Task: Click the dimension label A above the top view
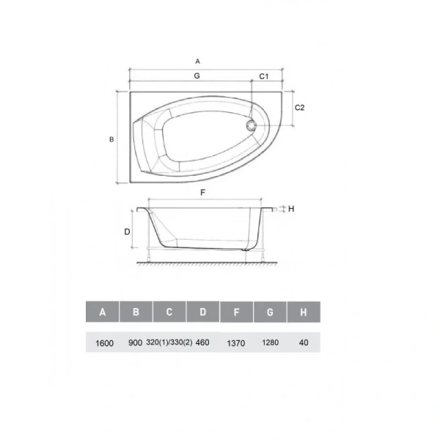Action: click(197, 62)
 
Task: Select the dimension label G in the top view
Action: click(197, 76)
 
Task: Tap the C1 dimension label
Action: click(265, 76)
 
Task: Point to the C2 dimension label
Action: click(299, 107)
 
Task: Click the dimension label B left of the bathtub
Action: click(110, 139)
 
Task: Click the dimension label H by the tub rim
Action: click(291, 209)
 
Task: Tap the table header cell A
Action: click(103, 312)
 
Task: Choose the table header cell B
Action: click(136, 312)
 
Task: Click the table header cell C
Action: click(169, 312)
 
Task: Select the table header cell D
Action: click(203, 312)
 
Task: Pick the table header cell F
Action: click(237, 312)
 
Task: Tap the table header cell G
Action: click(271, 312)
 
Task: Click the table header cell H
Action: click(304, 312)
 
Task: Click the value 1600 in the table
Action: click(105, 342)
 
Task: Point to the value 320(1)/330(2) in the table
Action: click(169, 342)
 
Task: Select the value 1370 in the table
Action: click(236, 342)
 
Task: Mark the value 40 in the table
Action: click(304, 342)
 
